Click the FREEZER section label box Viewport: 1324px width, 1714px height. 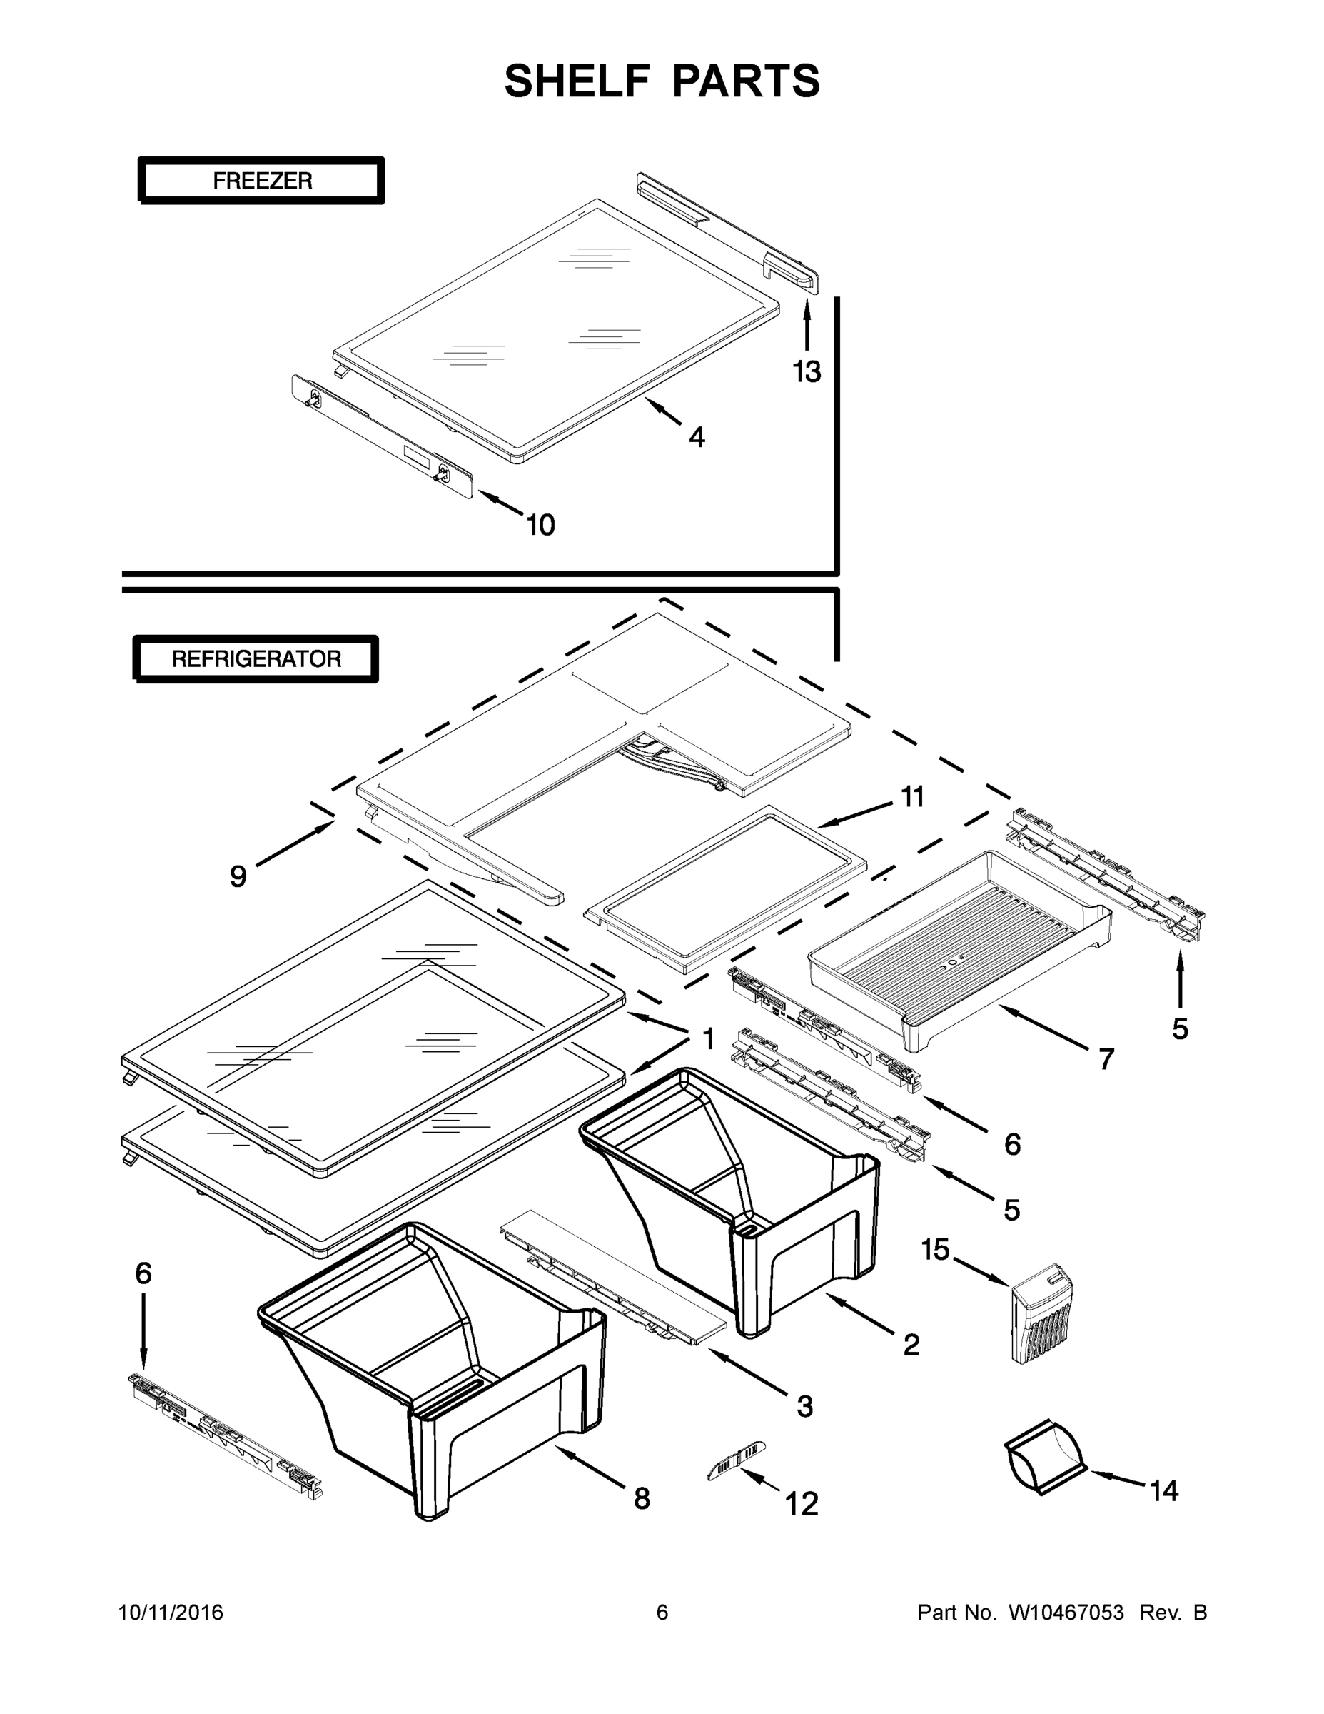pos(261,181)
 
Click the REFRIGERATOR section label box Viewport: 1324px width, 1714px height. pos(256,658)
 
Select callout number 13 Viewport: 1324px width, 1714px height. pos(807,371)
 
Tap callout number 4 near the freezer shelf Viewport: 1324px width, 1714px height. pos(697,437)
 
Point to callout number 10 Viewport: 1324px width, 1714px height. pos(540,525)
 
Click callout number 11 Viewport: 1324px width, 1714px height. pos(911,797)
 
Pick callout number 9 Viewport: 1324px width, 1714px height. pos(238,876)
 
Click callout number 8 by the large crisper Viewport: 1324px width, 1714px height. pos(642,1499)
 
